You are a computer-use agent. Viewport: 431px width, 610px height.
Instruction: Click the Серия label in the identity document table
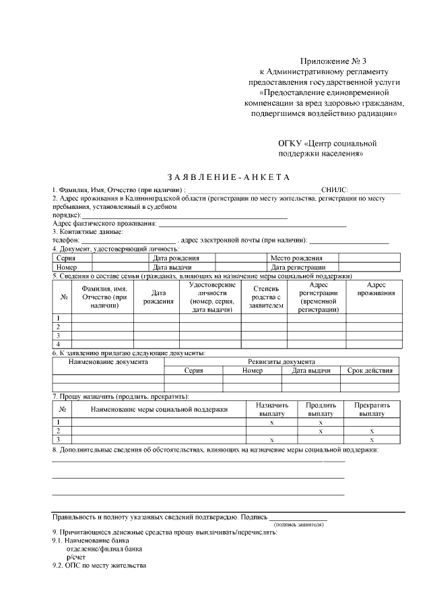[x=66, y=258]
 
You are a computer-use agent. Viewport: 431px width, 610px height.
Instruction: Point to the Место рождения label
[x=296, y=258]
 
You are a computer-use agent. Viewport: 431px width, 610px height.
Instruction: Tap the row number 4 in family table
[x=59, y=344]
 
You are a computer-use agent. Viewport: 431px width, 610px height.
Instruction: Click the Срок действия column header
[x=369, y=371]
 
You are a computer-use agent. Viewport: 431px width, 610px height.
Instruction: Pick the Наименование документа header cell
[x=108, y=362]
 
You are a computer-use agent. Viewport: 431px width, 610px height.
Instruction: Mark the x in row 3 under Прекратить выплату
[x=372, y=439]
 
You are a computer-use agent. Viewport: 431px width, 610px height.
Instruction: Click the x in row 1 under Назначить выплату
[x=271, y=422]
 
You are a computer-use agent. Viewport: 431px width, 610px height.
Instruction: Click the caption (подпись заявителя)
[x=298, y=524]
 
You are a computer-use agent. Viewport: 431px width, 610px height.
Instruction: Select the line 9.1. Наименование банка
[x=90, y=541]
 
